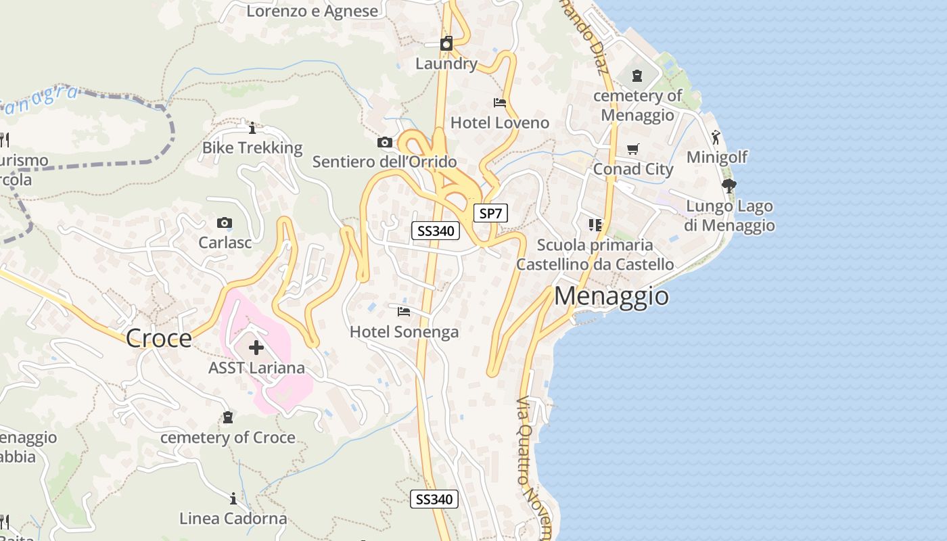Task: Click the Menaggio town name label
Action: tap(611, 296)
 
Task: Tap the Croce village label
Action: tap(159, 338)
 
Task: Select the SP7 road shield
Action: tap(490, 214)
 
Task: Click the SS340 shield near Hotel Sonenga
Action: tap(436, 231)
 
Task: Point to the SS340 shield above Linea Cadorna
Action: tap(434, 500)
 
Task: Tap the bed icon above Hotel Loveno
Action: tap(500, 103)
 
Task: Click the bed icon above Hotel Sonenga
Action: tap(404, 311)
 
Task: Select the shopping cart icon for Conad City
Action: tap(632, 149)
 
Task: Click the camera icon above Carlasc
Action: tap(225, 222)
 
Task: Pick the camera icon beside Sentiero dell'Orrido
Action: tap(385, 142)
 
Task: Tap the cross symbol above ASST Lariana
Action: tap(256, 348)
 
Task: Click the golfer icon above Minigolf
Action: tap(716, 137)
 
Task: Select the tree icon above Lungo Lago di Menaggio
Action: tap(729, 185)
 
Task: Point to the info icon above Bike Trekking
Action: tap(252, 128)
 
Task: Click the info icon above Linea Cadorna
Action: tap(233, 498)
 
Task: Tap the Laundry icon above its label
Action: tap(446, 44)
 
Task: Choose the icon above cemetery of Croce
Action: tap(228, 417)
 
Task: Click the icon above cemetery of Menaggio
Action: tap(637, 76)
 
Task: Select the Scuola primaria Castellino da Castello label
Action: tap(595, 254)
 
